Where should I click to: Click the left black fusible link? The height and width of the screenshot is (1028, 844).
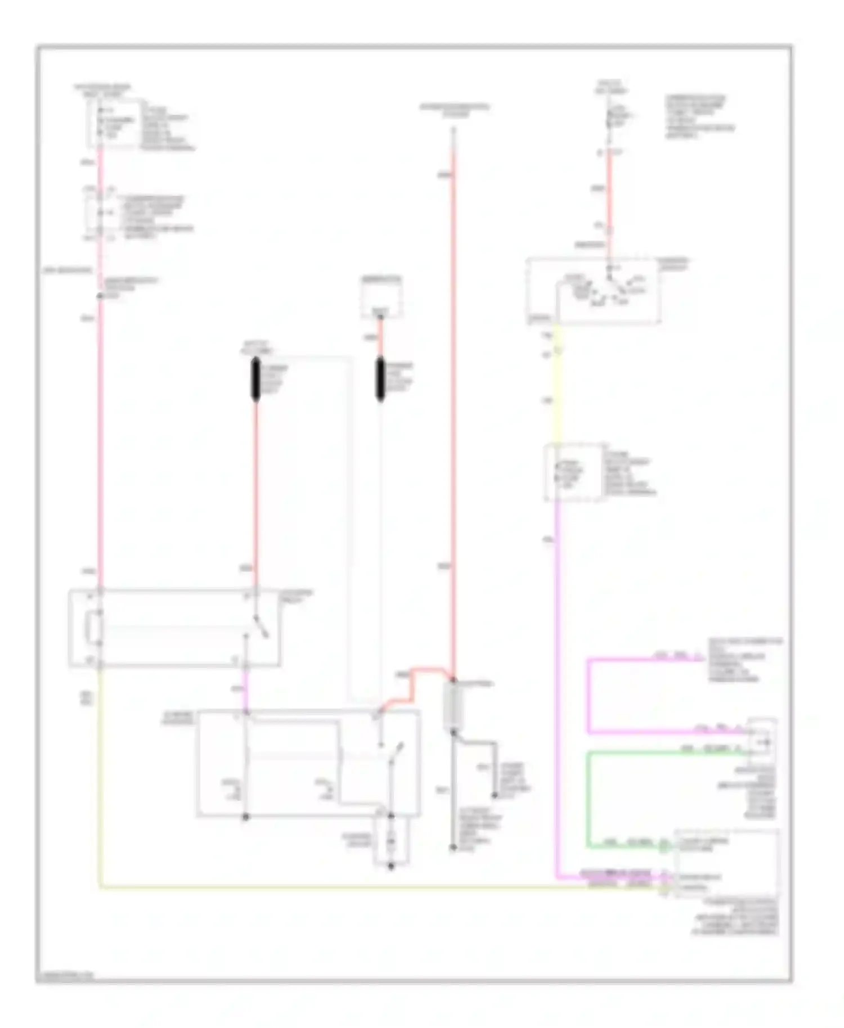[255, 380]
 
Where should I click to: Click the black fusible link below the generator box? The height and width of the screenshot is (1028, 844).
[380, 380]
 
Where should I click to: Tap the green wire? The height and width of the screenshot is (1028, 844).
[589, 799]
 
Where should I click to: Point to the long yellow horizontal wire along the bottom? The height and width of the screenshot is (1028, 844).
[338, 889]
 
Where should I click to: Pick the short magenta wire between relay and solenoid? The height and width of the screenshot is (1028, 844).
[245, 689]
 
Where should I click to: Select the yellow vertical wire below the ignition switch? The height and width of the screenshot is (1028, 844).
[558, 394]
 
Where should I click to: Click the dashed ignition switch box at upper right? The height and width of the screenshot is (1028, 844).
[593, 291]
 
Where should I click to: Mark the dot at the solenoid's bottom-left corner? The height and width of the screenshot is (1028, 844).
[245, 817]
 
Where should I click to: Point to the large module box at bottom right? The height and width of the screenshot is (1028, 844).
[726, 863]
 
